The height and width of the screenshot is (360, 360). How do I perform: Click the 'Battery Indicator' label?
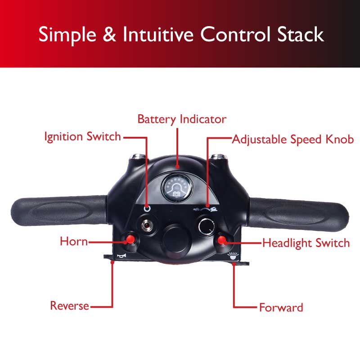[182, 119]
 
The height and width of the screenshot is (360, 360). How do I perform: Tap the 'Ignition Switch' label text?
[83, 136]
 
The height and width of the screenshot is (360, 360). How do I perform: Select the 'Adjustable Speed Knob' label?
[293, 139]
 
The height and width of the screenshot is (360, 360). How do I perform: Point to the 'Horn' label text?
[74, 241]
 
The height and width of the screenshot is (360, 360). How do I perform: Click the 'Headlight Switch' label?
[306, 243]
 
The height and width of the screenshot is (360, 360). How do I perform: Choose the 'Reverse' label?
[70, 306]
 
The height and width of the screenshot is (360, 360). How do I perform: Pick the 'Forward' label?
[281, 307]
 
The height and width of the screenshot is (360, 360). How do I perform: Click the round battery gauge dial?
[177, 187]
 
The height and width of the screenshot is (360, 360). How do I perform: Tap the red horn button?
[130, 239]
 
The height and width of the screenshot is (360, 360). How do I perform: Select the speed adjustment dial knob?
[207, 227]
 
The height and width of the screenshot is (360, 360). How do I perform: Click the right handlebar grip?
[298, 213]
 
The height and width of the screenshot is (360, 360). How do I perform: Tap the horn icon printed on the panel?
[121, 256]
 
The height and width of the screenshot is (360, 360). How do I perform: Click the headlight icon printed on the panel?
[233, 256]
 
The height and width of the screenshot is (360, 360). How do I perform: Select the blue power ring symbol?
[147, 208]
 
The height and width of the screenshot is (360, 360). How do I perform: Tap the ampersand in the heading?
[109, 34]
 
